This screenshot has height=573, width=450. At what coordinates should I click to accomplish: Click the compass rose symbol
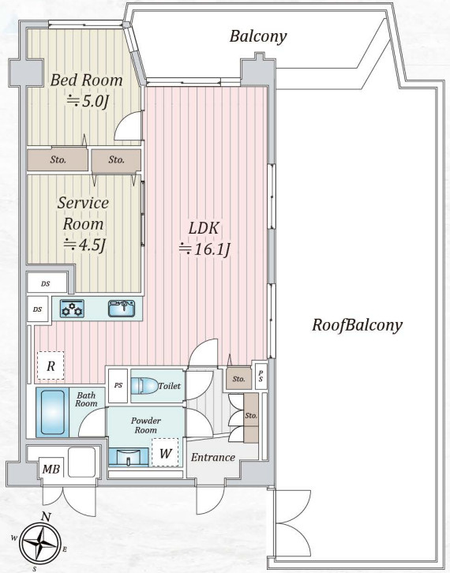[39, 543]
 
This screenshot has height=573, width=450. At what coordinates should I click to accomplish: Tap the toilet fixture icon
[144, 386]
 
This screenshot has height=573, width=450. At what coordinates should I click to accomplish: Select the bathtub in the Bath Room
[53, 412]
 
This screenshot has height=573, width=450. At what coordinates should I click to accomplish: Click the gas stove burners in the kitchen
[72, 309]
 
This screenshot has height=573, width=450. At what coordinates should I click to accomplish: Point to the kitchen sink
[122, 309]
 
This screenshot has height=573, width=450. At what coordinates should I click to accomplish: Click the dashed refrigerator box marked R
[51, 365]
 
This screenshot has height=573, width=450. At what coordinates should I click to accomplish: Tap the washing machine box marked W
[165, 452]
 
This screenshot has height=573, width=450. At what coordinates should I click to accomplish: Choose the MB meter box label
[51, 469]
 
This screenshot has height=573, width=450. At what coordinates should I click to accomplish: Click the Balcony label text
[258, 36]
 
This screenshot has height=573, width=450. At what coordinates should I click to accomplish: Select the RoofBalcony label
[357, 325]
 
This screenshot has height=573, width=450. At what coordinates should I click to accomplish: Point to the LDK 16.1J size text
[204, 249]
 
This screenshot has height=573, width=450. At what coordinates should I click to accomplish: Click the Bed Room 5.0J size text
[86, 101]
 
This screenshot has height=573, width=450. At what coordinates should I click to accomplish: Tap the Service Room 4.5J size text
[84, 245]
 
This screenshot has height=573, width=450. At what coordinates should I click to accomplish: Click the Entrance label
[212, 457]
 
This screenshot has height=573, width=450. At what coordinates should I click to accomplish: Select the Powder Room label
[145, 425]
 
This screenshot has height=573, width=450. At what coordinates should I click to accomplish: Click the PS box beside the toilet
[118, 385]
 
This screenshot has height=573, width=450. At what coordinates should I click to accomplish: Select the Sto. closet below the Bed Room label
[58, 159]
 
